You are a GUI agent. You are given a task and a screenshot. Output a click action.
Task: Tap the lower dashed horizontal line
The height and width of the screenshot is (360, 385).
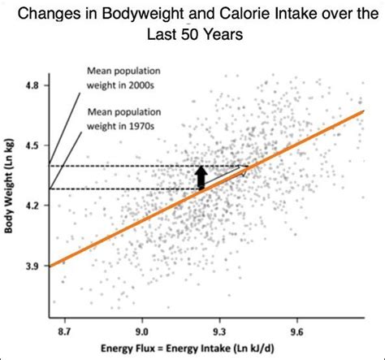click(122, 189)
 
